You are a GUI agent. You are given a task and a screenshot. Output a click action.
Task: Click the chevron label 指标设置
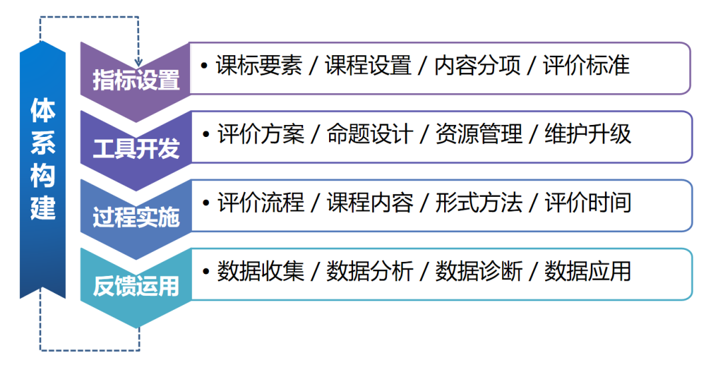136,80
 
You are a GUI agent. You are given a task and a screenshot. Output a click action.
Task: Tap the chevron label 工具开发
136,148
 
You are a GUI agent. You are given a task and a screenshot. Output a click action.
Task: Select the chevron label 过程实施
136,217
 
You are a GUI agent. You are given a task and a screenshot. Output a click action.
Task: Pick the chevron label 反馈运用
136,287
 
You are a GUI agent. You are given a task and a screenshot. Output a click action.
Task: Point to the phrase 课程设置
368,66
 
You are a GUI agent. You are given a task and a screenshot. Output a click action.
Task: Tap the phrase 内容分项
477,66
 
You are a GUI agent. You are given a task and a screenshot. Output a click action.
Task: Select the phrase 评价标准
586,66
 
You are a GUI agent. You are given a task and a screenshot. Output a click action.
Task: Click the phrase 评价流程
261,203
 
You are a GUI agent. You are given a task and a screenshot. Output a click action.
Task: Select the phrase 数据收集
261,271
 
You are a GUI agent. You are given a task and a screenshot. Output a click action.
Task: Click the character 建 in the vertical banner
43,209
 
